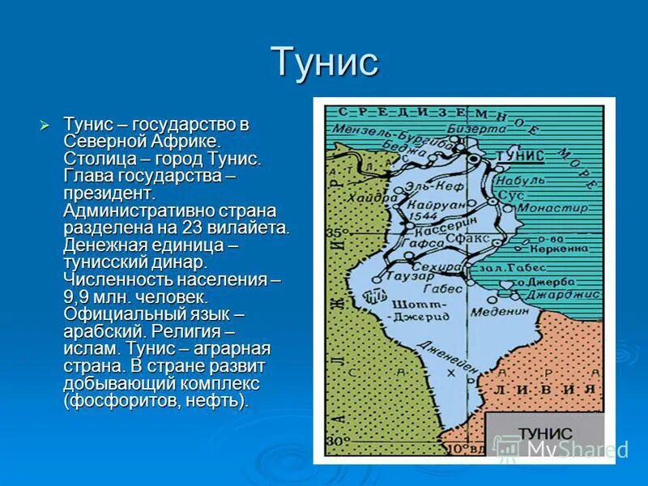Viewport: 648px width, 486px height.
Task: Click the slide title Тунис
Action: (324, 62)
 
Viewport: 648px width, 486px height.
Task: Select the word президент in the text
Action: (109, 194)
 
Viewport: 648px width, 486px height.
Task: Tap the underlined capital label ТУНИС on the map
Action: (518, 156)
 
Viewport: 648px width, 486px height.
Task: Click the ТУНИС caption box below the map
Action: (544, 433)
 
